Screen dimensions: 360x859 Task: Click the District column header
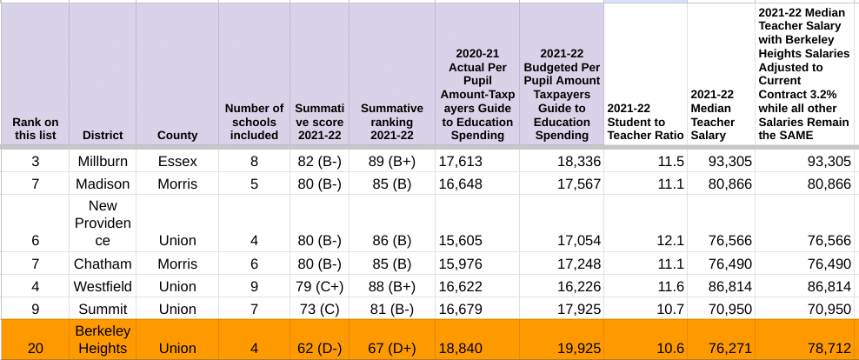(103, 135)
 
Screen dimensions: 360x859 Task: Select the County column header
(177, 135)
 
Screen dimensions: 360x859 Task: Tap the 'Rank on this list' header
(36, 128)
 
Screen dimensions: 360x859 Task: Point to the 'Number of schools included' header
(254, 122)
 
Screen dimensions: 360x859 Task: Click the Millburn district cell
(103, 161)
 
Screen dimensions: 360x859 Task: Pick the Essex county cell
(177, 161)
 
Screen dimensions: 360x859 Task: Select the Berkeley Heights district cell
(103, 339)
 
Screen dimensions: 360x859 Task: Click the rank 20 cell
(36, 348)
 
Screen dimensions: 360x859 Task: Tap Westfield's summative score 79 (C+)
(319, 286)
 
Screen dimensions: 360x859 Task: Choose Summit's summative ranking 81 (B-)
(391, 309)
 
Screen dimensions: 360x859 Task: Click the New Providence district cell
(103, 223)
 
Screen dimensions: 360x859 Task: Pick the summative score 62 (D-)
(319, 348)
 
